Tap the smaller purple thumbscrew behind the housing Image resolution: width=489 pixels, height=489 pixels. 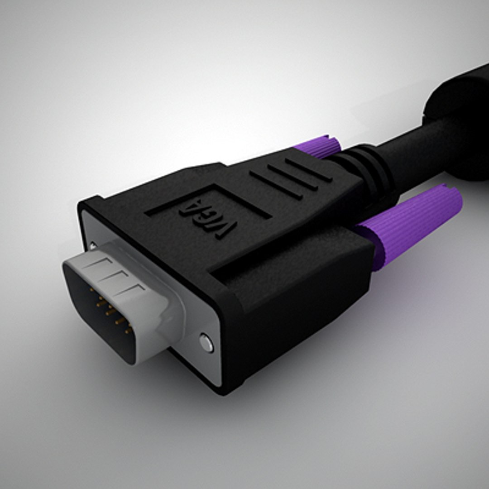pos(319,146)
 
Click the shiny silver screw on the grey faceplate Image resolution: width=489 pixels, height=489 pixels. pos(206,343)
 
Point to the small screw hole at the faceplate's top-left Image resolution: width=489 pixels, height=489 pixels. pos(92,245)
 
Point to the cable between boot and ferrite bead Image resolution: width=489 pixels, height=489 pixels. pos(412,149)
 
